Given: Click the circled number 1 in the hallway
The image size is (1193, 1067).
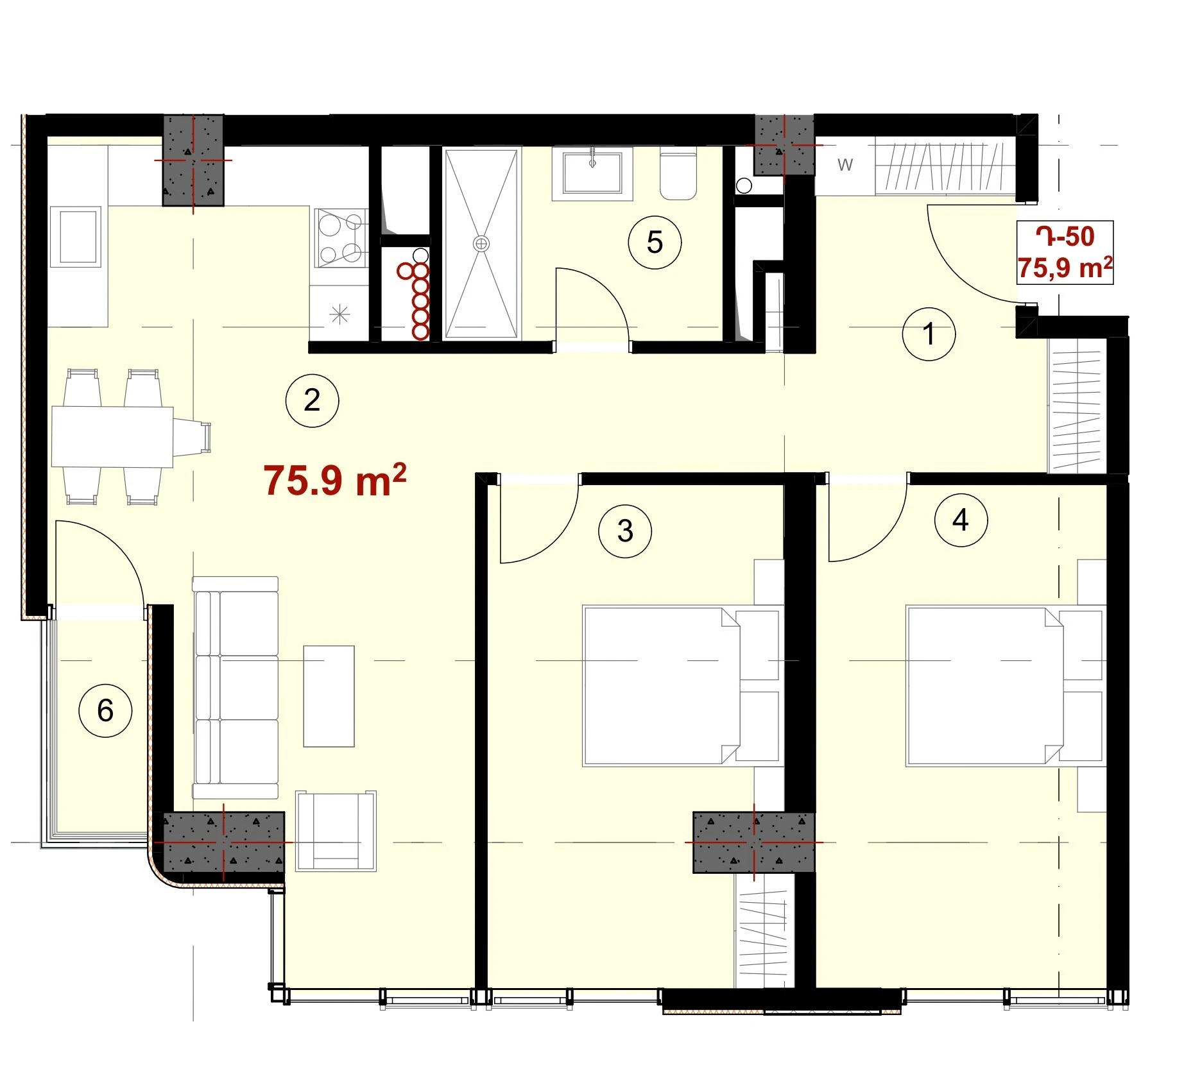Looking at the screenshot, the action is [928, 334].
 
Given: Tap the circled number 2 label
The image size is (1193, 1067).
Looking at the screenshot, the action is [312, 400].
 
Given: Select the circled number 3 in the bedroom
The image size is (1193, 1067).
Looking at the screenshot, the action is [624, 531].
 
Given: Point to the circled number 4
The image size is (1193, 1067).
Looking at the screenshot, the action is [961, 520].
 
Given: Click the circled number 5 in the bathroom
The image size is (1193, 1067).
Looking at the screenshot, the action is [655, 242].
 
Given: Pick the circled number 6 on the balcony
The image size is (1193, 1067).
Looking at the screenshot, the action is [105, 710].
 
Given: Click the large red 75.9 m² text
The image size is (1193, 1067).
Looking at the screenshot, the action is [334, 480].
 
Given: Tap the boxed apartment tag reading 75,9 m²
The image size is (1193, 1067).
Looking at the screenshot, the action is [1065, 252].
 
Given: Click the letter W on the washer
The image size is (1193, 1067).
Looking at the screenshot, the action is [845, 165].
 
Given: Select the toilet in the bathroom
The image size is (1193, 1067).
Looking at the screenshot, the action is [678, 174].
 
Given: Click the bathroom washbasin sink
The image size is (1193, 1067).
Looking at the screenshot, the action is [592, 172].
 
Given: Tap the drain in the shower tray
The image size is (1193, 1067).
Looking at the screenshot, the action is [481, 244].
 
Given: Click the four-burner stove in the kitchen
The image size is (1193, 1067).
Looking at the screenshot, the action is [341, 238].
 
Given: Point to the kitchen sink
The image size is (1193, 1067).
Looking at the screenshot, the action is [76, 235].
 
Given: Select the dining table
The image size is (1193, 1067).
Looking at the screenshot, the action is [112, 436].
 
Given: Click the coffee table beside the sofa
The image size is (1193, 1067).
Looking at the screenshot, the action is [329, 696].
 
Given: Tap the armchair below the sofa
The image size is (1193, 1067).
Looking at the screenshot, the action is [336, 831].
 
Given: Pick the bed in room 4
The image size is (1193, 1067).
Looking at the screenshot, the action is [1005, 686].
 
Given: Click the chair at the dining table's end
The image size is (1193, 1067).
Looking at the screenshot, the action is [192, 437].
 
